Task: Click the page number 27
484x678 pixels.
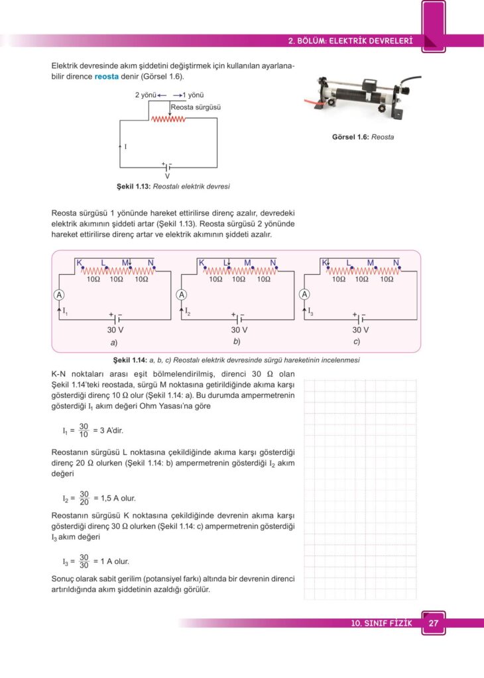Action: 434,624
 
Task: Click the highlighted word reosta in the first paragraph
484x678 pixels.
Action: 106,76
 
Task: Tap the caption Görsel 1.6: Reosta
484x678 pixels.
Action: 363,137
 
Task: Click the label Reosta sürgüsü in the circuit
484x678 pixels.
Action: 196,107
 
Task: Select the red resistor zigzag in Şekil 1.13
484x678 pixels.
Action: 168,120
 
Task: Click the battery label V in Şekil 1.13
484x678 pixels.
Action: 167,176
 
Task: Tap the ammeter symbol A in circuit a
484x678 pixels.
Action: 59,295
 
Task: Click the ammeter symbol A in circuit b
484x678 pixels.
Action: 182,295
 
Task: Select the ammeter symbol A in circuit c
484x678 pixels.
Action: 304,295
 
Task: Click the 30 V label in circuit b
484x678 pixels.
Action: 239,330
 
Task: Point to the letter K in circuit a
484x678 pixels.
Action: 79,263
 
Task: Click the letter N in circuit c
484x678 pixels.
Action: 396,263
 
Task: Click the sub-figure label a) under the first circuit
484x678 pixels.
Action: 114,342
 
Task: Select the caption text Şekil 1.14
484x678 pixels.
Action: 130,360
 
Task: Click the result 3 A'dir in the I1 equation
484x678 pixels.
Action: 108,430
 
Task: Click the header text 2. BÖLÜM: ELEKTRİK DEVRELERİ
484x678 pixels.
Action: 351,41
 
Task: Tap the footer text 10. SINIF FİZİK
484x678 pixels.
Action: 382,624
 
